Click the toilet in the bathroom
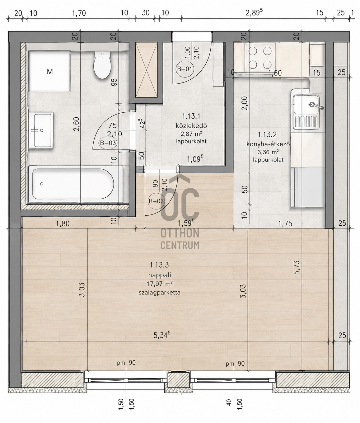pos(102,65)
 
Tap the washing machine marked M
pos(49,71)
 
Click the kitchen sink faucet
pos(316,106)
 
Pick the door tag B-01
pos(185,69)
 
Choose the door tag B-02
pos(156,201)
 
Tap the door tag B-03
pos(108,143)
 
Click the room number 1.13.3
pos(159,265)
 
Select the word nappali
pos(160,275)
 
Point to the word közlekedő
pos(191,125)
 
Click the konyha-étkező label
pos(268,144)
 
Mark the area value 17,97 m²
pos(160,284)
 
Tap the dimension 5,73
pos(297,267)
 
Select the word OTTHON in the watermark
pos(180,233)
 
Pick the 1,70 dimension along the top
pos(79,13)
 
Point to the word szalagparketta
pos(160,293)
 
